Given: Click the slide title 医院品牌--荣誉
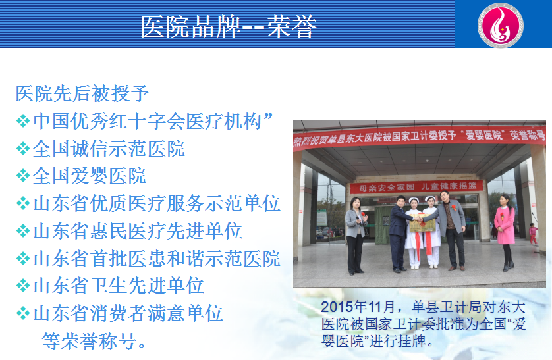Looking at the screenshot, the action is tap(229, 27).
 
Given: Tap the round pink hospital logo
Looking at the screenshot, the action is tap(500, 25).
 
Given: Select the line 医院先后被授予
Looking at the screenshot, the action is tap(82, 93).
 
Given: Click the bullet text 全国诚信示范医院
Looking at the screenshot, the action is tap(109, 149).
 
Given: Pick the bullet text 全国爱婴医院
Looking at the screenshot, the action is tap(89, 176).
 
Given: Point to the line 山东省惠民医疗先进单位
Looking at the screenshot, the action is tap(138, 231).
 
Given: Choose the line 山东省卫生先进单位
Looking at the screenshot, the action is tap(119, 286).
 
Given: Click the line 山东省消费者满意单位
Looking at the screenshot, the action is tap(128, 313).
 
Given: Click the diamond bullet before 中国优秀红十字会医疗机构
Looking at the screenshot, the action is tap(23, 121).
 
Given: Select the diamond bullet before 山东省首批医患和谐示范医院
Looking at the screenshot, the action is tap(23, 259).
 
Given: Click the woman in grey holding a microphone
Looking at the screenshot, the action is tap(356, 236).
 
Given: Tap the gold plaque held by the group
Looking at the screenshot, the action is tap(422, 223).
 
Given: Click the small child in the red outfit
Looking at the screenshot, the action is tap(534, 234).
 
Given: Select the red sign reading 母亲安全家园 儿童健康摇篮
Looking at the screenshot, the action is tap(416, 187).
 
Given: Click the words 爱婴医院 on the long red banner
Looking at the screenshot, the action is tap(484, 134).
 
